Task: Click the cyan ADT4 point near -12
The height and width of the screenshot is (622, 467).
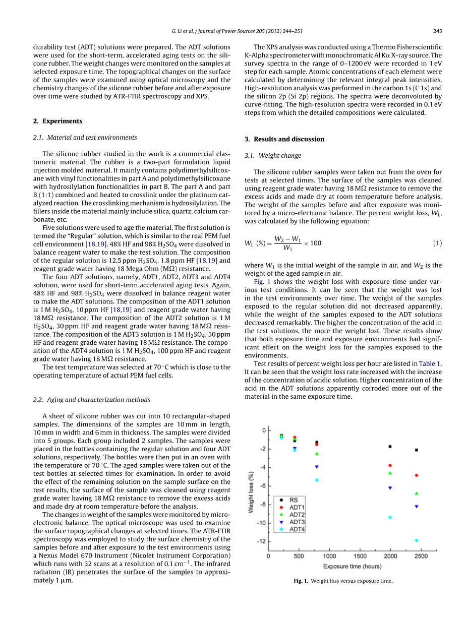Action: click(x=417, y=540)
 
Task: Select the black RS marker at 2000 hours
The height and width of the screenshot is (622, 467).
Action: click(x=390, y=447)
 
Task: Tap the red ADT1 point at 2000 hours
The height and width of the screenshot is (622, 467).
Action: click(x=390, y=465)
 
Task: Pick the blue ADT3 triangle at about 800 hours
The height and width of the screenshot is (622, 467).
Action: click(x=317, y=467)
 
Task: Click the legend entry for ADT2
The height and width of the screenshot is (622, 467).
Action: click(x=297, y=515)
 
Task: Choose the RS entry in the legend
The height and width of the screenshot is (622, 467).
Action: click(x=294, y=500)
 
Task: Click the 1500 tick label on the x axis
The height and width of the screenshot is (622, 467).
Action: click(x=360, y=556)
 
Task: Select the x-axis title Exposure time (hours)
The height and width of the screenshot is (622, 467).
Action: click(x=352, y=567)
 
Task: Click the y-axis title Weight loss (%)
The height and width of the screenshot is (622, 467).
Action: click(x=251, y=492)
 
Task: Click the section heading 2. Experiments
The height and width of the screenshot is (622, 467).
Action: click(x=57, y=121)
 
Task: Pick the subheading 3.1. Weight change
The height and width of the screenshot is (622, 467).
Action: click(x=272, y=156)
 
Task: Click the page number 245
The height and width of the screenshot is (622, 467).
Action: click(x=437, y=31)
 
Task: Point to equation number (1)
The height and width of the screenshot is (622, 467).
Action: click(x=438, y=243)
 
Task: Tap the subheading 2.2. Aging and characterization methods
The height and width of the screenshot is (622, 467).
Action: click(x=91, y=400)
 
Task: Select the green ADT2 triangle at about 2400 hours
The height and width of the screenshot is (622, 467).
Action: click(x=417, y=493)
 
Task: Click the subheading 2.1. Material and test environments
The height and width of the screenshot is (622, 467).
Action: click(x=85, y=138)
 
